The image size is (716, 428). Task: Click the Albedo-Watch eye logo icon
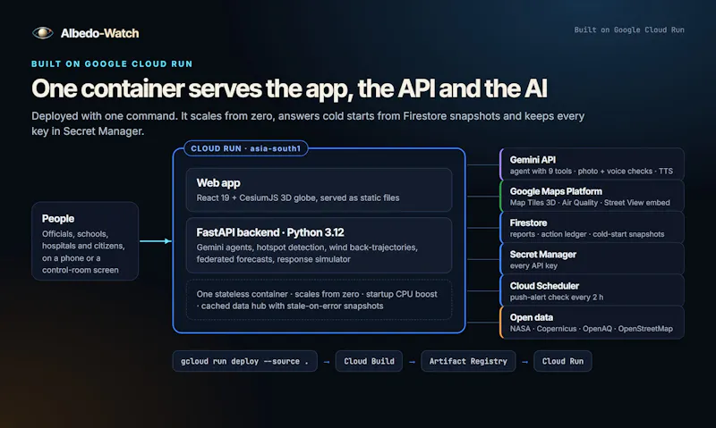pyautogui.click(x=42, y=33)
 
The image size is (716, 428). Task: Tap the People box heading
pyautogui.click(x=58, y=219)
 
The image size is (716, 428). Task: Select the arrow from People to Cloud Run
pyautogui.click(x=156, y=241)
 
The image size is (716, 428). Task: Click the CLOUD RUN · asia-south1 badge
pyautogui.click(x=245, y=148)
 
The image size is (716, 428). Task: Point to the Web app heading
pyautogui.click(x=218, y=183)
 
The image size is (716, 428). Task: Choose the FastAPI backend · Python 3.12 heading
pyautogui.click(x=270, y=232)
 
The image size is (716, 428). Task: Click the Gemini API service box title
pyautogui.click(x=533, y=160)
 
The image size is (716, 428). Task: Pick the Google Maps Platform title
pyautogui.click(x=556, y=191)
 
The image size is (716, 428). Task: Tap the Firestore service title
pyautogui.click(x=528, y=222)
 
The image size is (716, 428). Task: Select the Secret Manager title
pyautogui.click(x=543, y=255)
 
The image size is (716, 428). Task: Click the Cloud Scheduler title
pyautogui.click(x=544, y=286)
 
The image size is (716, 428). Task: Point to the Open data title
pyautogui.click(x=532, y=317)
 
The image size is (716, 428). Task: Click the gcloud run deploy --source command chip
pyautogui.click(x=244, y=361)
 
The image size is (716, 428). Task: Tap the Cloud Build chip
pyautogui.click(x=369, y=361)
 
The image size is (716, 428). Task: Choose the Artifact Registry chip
pyautogui.click(x=468, y=361)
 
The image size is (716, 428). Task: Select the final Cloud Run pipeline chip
pyautogui.click(x=563, y=361)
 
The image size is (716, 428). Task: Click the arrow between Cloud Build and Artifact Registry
pyautogui.click(x=412, y=362)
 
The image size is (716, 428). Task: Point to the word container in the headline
pyautogui.click(x=132, y=88)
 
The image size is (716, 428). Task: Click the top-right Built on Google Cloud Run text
pyautogui.click(x=629, y=29)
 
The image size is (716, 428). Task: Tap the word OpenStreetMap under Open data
pyautogui.click(x=645, y=329)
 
